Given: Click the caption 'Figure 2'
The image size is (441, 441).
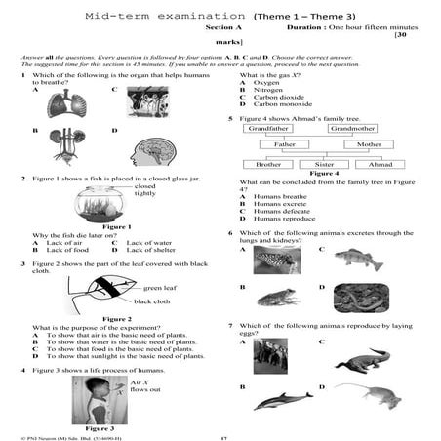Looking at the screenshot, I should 115,319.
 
